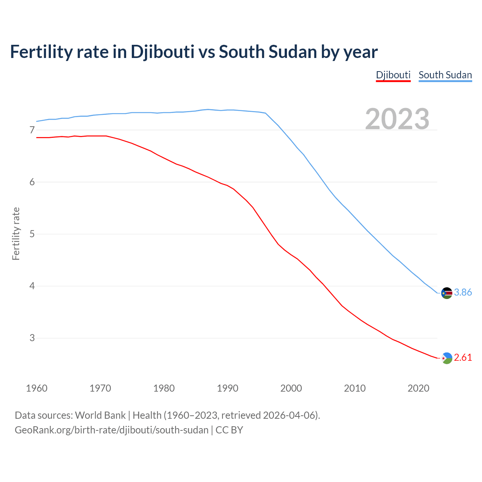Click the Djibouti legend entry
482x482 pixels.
point(393,75)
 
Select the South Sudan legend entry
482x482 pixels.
point(445,75)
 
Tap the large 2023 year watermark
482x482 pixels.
point(397,119)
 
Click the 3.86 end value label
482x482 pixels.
point(463,293)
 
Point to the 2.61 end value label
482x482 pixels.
point(463,358)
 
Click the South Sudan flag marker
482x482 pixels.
point(447,293)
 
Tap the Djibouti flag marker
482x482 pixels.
point(447,358)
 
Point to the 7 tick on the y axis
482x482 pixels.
point(32,130)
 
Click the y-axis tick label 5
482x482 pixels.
point(32,234)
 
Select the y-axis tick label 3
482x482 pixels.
point(32,338)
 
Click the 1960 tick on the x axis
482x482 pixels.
point(37,388)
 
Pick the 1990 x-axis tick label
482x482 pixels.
point(227,388)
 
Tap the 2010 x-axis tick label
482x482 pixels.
point(355,388)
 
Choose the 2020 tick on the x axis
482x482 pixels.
point(418,388)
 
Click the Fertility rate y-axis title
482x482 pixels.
point(16,233)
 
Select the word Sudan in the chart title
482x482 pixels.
point(292,52)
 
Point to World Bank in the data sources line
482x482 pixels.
point(100,415)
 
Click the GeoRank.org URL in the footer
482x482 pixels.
point(111,430)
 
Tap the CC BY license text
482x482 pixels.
point(229,430)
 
